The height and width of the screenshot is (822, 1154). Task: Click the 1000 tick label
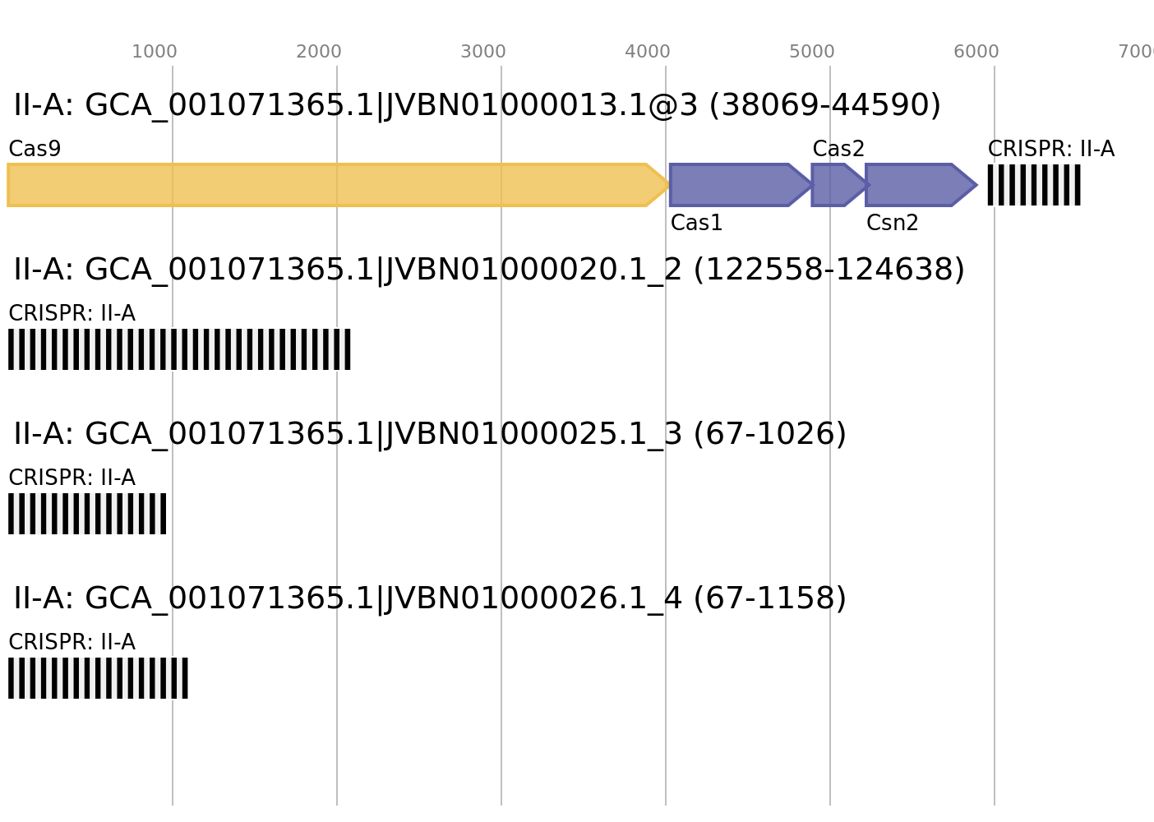[x=155, y=52]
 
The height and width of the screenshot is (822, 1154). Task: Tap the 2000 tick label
[x=319, y=52]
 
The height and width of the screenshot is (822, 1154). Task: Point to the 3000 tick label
[x=483, y=52]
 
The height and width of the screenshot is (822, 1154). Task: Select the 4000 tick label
[x=648, y=52]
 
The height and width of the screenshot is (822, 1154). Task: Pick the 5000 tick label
[x=812, y=52]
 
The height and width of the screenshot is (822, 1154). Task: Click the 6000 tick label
[x=976, y=52]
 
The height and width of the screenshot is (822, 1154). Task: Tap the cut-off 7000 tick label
[x=1138, y=52]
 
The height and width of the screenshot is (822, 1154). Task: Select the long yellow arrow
[x=329, y=185]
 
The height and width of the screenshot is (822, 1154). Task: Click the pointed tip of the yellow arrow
[x=667, y=185]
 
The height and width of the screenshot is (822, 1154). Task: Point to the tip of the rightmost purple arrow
[x=976, y=185]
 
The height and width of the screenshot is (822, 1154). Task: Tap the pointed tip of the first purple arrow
[x=809, y=185]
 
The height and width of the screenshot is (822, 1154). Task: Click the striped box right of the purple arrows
[x=1034, y=185]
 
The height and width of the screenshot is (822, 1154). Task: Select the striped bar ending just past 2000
[x=179, y=349]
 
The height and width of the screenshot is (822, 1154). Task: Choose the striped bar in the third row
[x=87, y=514]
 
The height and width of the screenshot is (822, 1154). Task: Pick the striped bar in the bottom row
[x=98, y=678]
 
